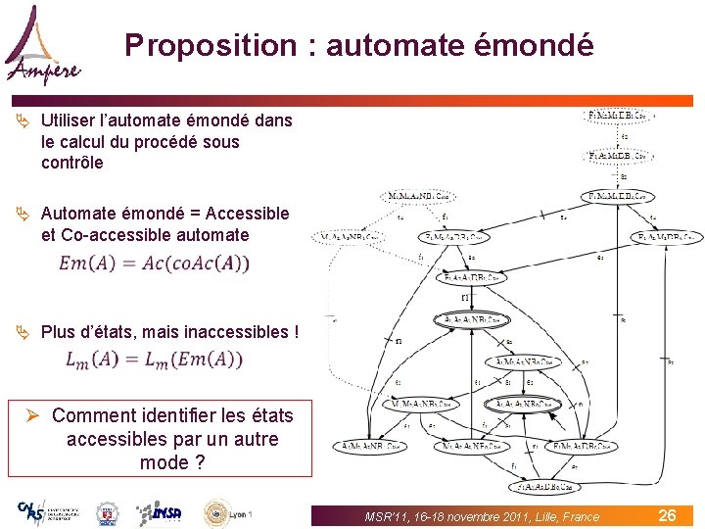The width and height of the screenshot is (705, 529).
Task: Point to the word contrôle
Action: [x=71, y=164]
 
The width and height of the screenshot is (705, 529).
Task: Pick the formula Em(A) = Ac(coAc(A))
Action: [x=155, y=263]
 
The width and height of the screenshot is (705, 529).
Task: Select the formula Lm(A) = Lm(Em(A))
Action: [x=155, y=360]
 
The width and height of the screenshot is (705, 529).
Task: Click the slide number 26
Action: [x=667, y=515]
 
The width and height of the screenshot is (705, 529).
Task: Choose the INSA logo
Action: [x=158, y=512]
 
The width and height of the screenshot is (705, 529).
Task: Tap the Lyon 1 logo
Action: [x=228, y=512]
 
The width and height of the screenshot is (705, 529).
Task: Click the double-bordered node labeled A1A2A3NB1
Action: [x=465, y=319]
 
